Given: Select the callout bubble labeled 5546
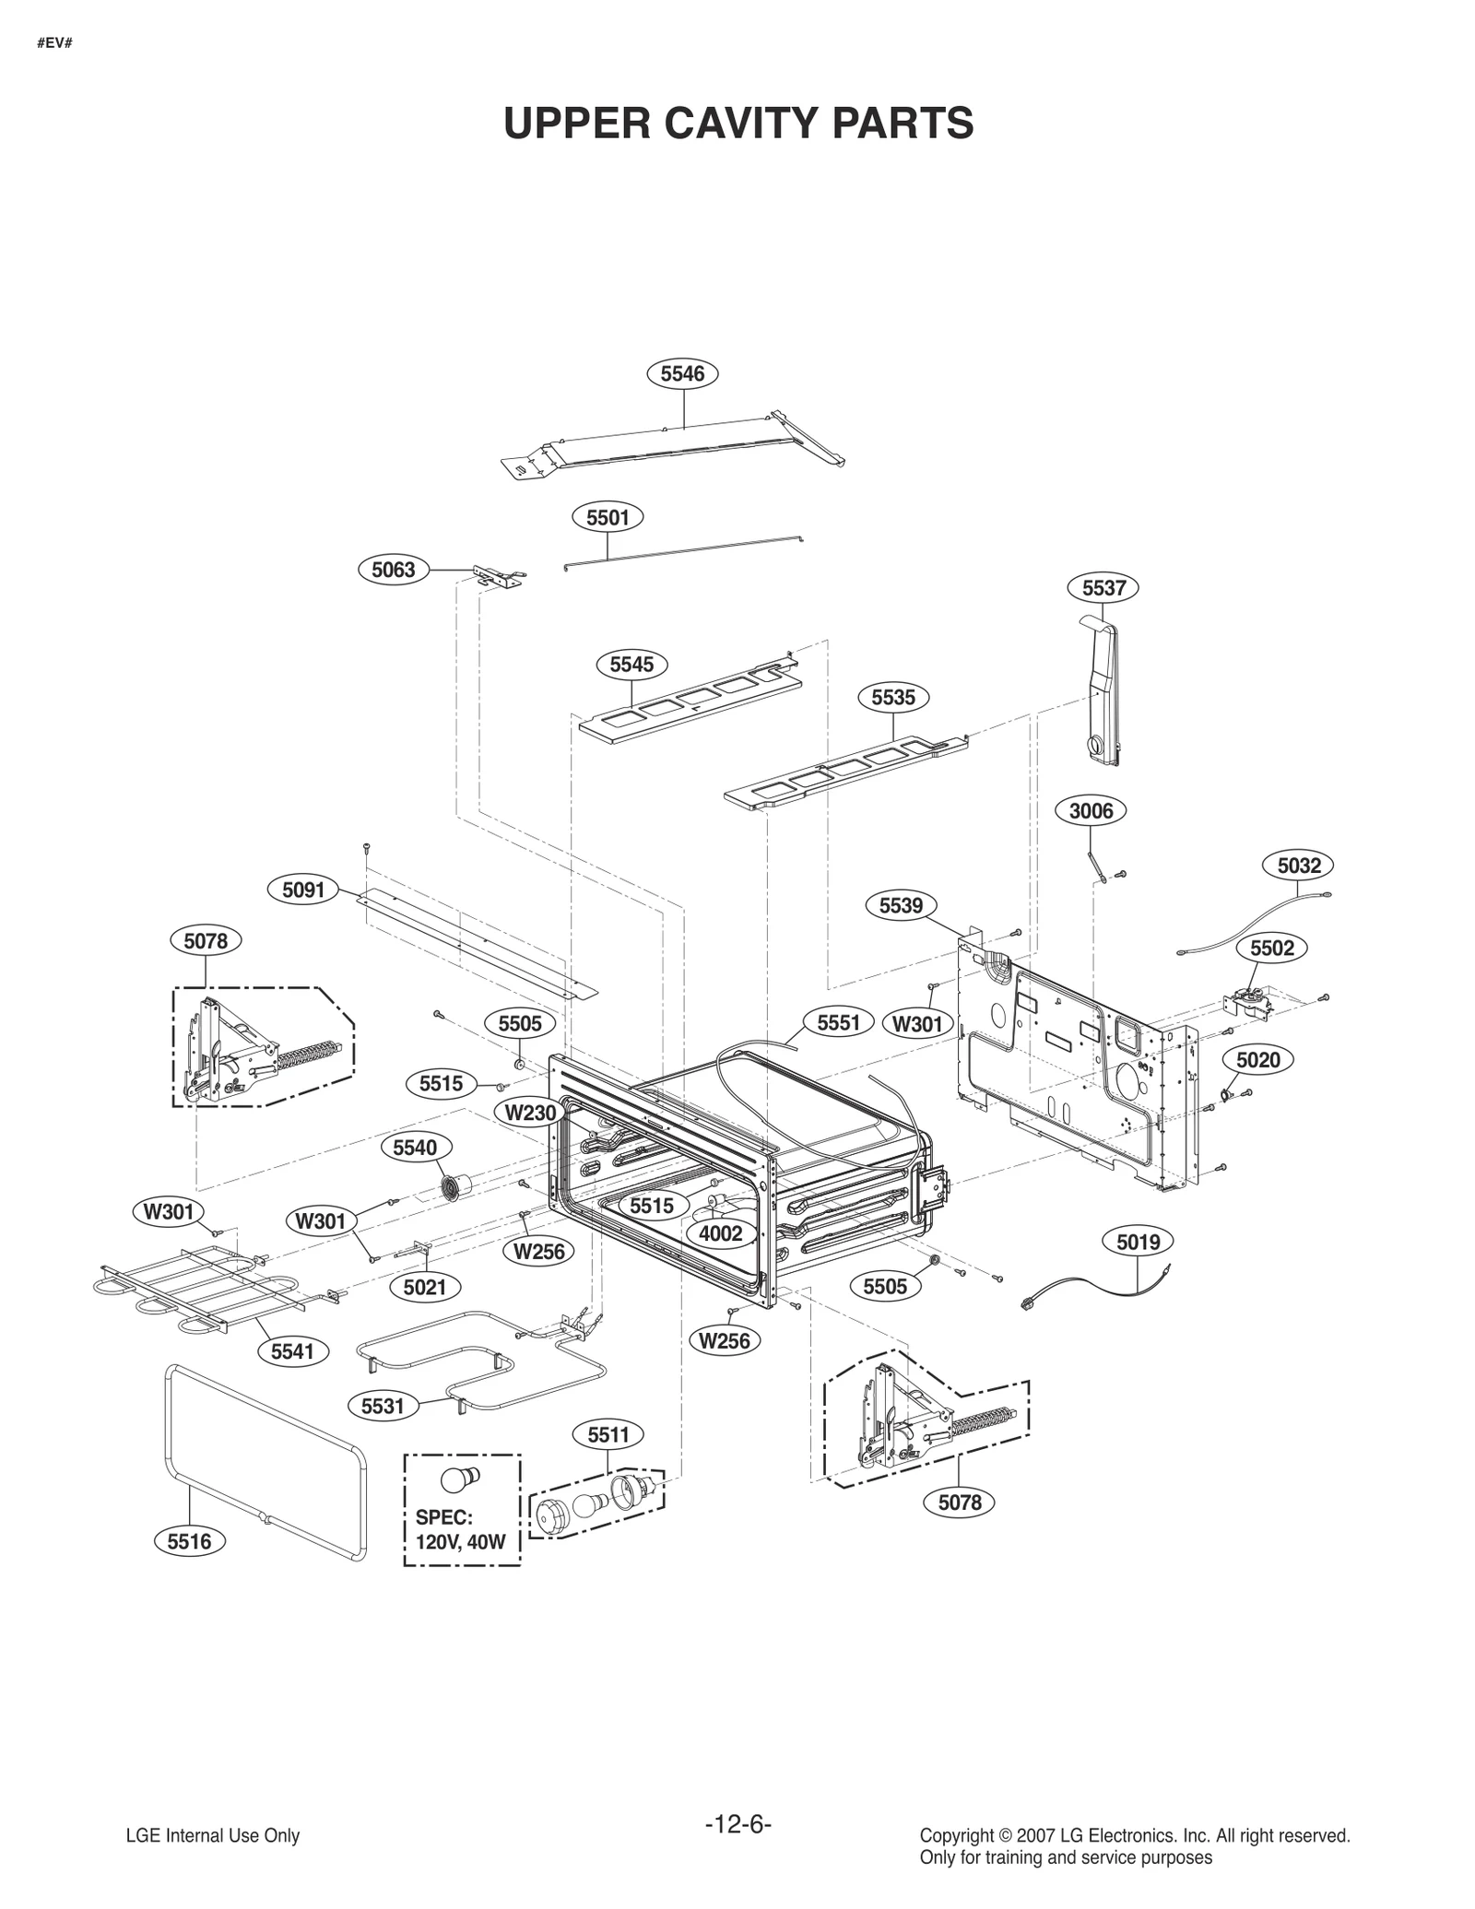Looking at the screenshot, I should (x=682, y=373).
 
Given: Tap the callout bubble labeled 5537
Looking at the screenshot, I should (x=1103, y=587).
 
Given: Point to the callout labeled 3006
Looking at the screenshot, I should (x=1091, y=811).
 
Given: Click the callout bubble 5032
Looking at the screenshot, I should (x=1299, y=866).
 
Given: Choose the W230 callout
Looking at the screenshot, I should (x=531, y=1113).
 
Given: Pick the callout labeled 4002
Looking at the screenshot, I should (x=721, y=1233).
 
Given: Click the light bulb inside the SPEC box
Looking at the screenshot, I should (x=460, y=1479).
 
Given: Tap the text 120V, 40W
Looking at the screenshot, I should (x=460, y=1541).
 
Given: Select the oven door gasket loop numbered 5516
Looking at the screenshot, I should (x=266, y=1463).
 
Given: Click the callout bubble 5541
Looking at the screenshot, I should (x=292, y=1351).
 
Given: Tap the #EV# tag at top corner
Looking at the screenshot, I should (x=55, y=43).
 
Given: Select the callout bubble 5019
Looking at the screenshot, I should (x=1139, y=1242).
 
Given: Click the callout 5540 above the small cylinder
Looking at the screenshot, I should (x=415, y=1148).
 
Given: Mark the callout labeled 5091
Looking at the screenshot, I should (x=303, y=890).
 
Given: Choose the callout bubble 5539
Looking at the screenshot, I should (x=901, y=905).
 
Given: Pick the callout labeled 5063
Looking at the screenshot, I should (x=394, y=570).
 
